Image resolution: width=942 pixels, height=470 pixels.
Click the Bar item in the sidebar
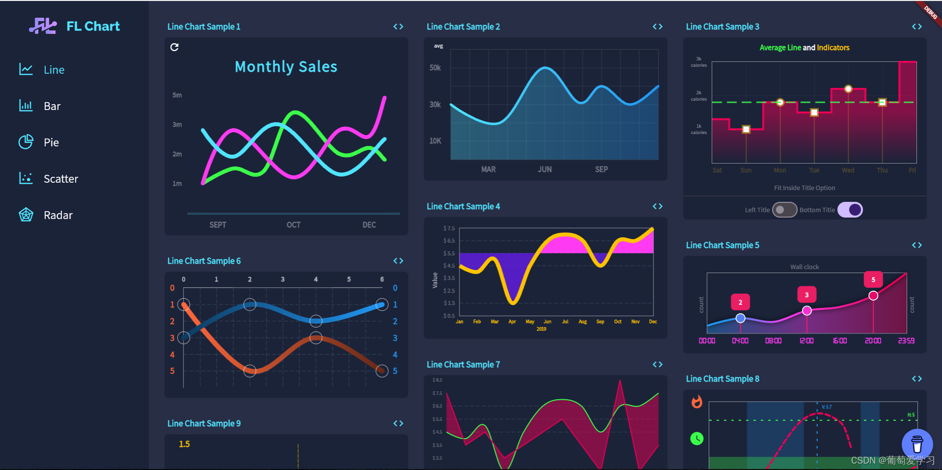click(52, 106)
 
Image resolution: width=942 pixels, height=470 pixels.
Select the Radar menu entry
click(57, 215)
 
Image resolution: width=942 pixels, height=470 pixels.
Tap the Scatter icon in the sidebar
click(26, 178)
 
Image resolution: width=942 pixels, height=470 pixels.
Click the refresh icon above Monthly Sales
click(174, 47)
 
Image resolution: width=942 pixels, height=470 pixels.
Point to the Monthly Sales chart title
click(286, 67)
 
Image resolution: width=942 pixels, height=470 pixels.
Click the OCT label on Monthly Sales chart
click(294, 225)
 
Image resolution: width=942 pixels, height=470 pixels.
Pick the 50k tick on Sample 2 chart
click(435, 68)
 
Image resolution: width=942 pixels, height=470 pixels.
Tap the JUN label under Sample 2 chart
click(544, 169)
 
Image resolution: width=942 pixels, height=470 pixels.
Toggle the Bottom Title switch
click(850, 210)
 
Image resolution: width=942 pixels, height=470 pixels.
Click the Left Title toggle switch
click(784, 210)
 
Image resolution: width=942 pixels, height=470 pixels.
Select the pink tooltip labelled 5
click(873, 279)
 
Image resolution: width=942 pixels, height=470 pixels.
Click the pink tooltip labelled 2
click(740, 303)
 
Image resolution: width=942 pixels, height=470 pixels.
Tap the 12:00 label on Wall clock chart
click(807, 341)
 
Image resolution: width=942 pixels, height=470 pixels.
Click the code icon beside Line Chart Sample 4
click(657, 206)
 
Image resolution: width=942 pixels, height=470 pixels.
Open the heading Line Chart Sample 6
click(204, 261)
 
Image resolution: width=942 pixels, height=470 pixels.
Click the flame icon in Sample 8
click(697, 402)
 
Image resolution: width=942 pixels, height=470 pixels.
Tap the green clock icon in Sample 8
click(697, 438)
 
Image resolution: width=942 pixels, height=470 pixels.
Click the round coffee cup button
click(916, 444)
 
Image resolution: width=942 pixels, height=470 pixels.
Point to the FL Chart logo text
click(93, 26)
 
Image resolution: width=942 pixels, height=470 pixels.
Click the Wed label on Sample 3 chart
click(848, 170)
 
